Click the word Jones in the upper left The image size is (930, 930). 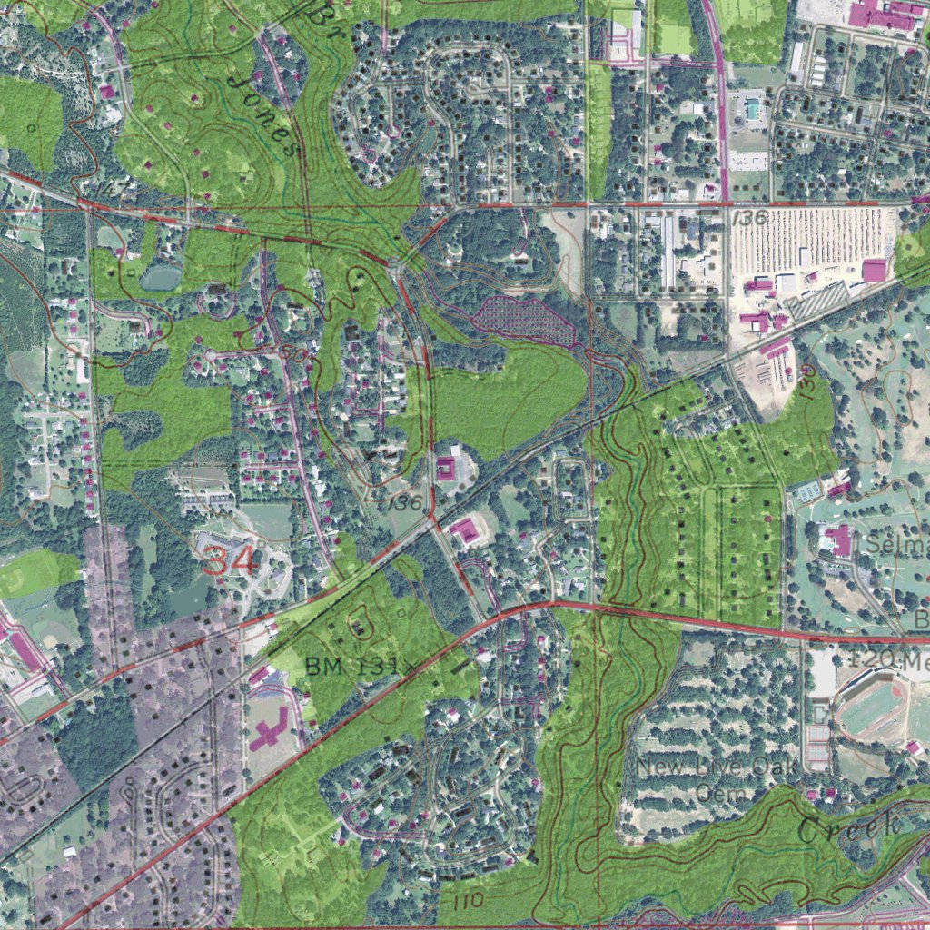tap(263, 115)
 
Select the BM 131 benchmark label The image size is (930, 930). tap(351, 666)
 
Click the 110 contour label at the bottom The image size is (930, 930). tap(465, 900)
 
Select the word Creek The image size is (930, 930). tap(849, 827)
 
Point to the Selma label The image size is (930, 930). tap(896, 545)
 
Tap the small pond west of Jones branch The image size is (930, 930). tap(161, 277)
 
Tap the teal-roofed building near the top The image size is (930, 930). tap(753, 110)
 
